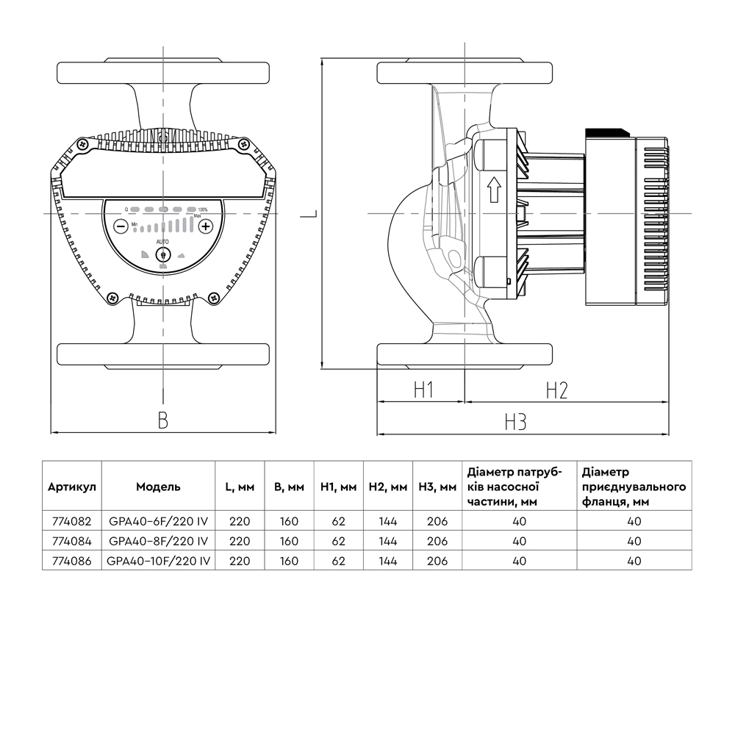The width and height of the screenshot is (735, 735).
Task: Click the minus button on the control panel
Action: point(121,226)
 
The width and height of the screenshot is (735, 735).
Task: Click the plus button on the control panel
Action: point(206,226)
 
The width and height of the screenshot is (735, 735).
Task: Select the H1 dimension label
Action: point(422,390)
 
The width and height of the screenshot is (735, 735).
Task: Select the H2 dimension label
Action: point(556,390)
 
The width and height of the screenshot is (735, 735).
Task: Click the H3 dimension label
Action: point(516,422)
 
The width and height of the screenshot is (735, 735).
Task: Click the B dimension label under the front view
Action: point(163,420)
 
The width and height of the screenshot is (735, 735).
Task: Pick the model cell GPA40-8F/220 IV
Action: point(158,541)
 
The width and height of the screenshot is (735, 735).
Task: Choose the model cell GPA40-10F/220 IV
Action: point(158,560)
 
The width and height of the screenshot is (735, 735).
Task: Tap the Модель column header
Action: point(158,487)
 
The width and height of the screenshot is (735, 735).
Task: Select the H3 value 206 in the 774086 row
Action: point(437,560)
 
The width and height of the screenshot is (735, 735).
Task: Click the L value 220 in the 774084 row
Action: point(240,541)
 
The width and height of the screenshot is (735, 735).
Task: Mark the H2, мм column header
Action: point(387,487)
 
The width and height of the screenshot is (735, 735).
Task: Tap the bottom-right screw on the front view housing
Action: point(214,298)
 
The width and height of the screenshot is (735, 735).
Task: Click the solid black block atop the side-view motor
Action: point(607,132)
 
